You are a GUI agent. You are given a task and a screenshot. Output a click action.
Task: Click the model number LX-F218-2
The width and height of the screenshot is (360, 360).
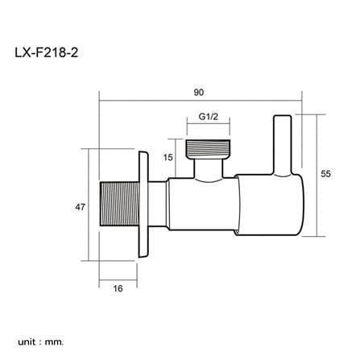click(46, 52)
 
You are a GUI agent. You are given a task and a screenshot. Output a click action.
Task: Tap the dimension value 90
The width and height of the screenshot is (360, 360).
click(199, 93)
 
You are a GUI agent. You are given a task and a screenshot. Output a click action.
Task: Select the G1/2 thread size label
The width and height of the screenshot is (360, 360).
click(209, 117)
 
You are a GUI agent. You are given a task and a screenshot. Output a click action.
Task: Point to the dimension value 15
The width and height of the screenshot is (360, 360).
click(168, 157)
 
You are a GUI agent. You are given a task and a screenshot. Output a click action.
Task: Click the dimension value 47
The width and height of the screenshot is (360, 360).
click(80, 207)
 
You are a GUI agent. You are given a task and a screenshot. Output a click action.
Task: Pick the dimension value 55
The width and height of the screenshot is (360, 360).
click(325, 174)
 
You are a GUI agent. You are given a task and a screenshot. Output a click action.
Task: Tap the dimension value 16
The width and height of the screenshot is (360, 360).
click(118, 288)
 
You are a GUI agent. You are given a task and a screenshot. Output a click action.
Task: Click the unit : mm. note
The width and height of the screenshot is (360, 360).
click(41, 342)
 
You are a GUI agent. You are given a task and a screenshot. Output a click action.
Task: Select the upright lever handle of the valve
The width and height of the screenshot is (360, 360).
click(283, 146)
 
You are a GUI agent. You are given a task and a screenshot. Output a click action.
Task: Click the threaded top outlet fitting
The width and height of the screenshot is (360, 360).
click(209, 148)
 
